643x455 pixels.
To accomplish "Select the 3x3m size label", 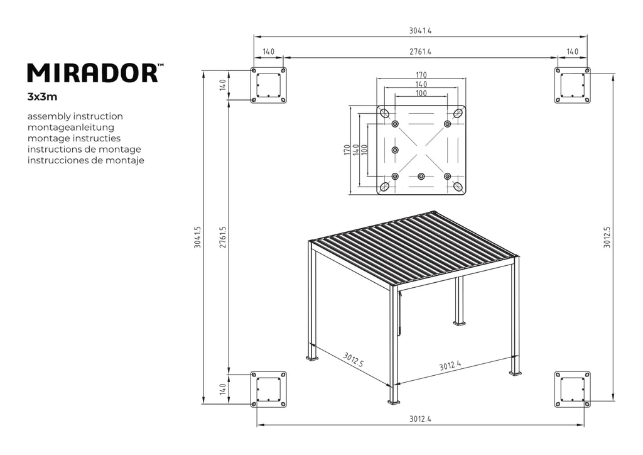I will coord(43,97).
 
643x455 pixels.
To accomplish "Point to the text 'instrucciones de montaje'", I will coord(86,160).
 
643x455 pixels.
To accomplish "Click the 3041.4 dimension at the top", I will coord(420,30).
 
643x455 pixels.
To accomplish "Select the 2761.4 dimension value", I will coord(420,51).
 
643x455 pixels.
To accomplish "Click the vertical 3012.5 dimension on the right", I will coord(607,238).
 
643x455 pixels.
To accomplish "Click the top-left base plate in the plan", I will coord(268,85).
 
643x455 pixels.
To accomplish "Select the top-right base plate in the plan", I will coord(572,85).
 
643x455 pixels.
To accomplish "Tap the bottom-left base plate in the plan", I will coord(268,389).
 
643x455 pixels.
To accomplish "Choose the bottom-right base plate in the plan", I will coord(572,389).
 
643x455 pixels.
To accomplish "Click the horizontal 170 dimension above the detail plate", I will coord(421,75).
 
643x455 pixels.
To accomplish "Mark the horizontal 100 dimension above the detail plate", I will coord(421,94).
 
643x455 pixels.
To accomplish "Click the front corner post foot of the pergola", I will coord(394,400).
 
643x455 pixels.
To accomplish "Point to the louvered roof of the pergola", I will coord(414,247).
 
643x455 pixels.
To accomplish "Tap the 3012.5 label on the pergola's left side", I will coord(354,359).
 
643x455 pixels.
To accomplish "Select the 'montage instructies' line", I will coord(74,138).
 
